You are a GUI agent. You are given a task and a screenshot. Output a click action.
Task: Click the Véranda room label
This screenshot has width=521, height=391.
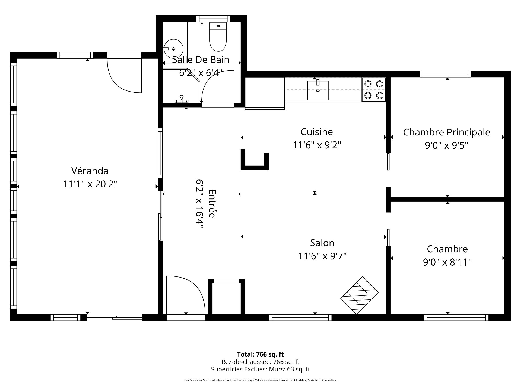90,171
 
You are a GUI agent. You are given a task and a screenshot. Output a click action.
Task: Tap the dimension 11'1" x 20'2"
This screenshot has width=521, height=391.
90,184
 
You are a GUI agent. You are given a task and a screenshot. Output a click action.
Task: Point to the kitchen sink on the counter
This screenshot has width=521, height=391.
318,90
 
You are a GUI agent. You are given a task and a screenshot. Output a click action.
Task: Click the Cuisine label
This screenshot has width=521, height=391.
317,132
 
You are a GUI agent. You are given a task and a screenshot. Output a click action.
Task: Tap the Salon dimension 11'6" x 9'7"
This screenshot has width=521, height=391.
322,256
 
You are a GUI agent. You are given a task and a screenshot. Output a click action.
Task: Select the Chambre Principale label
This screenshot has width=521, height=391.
446,132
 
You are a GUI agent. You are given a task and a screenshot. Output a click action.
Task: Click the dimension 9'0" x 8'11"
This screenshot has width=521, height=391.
447,262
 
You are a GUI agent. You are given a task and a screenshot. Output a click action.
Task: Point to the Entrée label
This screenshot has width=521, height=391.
212,203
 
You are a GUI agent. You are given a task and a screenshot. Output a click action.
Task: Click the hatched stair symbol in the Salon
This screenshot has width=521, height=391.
359,295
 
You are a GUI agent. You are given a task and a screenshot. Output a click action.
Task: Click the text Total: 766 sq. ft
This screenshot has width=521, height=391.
260,354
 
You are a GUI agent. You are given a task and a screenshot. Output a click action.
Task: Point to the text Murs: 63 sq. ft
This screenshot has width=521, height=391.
289,369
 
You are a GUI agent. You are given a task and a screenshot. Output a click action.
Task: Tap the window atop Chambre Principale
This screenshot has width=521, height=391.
445,74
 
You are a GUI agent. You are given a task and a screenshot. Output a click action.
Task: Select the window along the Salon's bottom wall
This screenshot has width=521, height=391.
300,317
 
